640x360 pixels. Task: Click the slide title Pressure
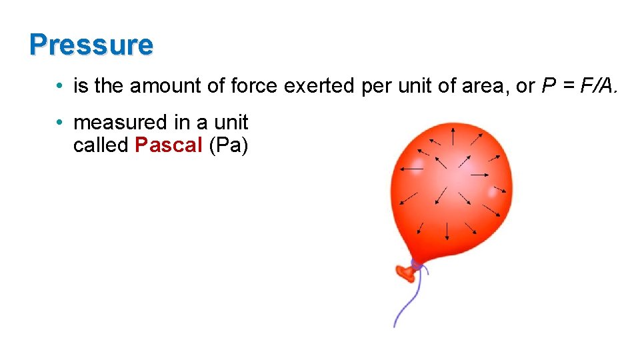[91, 45]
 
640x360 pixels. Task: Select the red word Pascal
[168, 145]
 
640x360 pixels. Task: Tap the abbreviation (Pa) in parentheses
[228, 145]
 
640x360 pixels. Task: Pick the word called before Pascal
[101, 145]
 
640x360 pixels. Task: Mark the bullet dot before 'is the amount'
[60, 87]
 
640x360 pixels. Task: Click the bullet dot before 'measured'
[60, 123]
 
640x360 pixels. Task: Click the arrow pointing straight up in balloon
[453, 137]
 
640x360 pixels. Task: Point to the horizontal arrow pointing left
[411, 168]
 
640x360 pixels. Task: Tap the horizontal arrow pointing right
[481, 175]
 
